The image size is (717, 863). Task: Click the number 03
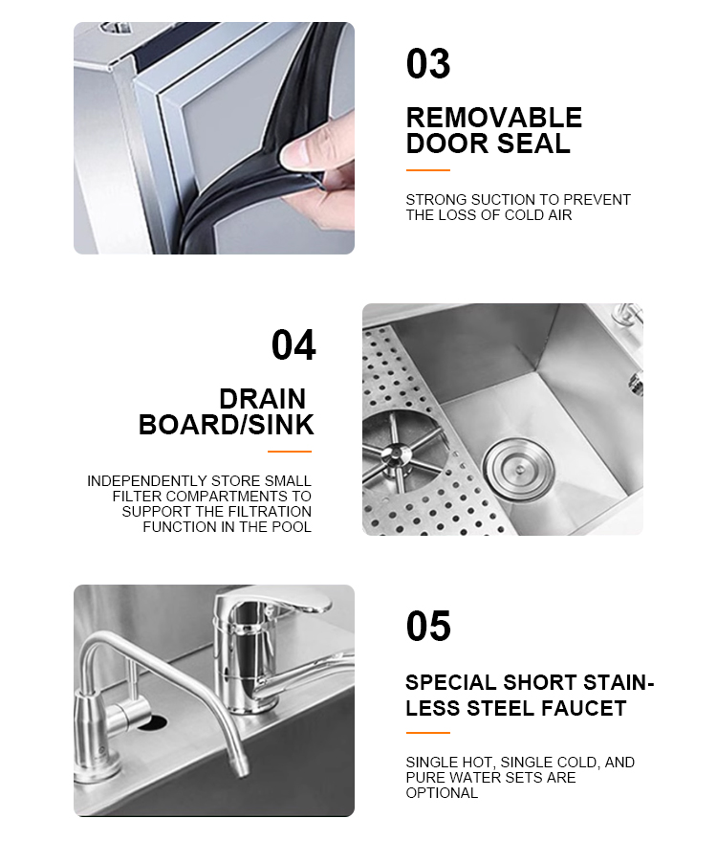point(427,64)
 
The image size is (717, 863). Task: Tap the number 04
point(293,345)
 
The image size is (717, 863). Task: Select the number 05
point(428,626)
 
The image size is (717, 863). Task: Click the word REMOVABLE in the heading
point(493,118)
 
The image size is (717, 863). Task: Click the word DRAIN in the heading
point(262,399)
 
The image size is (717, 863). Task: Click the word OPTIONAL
point(442,793)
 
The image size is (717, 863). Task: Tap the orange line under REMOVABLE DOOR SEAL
point(427,170)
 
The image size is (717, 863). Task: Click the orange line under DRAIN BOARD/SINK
point(290,452)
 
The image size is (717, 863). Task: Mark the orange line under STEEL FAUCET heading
point(427,733)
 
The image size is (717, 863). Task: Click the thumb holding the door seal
point(301,148)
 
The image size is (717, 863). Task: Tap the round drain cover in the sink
point(518,470)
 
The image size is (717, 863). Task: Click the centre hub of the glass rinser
point(395,454)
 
